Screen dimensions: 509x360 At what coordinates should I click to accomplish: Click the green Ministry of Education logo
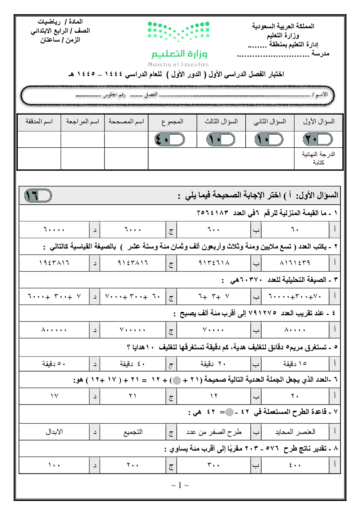click(179, 44)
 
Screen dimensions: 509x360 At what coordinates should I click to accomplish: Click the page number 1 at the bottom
click(180, 485)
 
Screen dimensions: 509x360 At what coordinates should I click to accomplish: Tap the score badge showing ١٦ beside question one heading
click(38, 196)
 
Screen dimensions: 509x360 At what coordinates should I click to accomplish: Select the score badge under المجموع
click(170, 139)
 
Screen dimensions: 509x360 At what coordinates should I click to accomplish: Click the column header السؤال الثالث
click(221, 122)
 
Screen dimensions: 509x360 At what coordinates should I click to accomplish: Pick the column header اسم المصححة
click(126, 122)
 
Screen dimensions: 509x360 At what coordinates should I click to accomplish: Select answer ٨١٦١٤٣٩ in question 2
click(295, 263)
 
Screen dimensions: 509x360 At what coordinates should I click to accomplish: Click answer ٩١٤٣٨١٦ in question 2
click(133, 263)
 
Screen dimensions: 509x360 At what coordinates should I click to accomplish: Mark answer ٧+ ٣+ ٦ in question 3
click(214, 297)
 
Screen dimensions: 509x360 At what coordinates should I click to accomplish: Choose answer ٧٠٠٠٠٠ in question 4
click(132, 330)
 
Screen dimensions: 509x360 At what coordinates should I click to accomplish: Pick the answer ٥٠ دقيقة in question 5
click(54, 364)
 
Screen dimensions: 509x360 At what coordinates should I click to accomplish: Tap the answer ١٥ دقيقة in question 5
click(295, 364)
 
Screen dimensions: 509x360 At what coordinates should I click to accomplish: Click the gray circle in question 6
click(177, 380)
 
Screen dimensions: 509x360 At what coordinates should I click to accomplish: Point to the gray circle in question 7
click(229, 412)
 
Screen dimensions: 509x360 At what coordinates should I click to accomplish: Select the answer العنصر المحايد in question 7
click(295, 432)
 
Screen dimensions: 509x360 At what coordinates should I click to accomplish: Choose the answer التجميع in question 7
click(133, 432)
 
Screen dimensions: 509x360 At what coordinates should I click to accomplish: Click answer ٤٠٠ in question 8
click(295, 465)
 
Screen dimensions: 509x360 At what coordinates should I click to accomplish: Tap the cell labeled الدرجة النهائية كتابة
click(318, 159)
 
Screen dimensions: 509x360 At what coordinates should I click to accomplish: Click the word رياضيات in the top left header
click(49, 22)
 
